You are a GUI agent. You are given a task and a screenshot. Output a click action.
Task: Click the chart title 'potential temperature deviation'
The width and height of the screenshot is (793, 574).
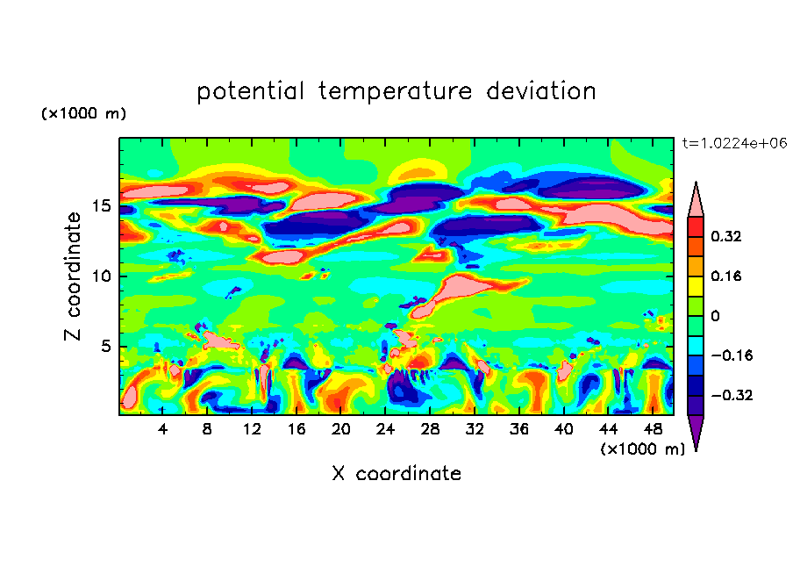coord(396,91)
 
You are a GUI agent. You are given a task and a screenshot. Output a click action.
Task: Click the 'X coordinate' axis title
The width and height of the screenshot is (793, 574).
coord(396,474)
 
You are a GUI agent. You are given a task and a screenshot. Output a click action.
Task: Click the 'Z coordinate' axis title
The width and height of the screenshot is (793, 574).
coord(74,276)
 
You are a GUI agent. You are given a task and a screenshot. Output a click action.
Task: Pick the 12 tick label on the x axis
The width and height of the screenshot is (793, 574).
coord(252,429)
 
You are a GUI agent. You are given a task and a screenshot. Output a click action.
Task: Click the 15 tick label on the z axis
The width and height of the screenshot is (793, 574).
coord(101,206)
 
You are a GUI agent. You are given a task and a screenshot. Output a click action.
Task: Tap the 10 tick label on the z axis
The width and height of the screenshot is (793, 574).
coord(101,276)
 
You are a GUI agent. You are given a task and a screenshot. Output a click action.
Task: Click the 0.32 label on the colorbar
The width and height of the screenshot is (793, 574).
coord(727,236)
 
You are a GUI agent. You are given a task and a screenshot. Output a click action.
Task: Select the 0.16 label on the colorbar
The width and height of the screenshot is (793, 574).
coord(727,276)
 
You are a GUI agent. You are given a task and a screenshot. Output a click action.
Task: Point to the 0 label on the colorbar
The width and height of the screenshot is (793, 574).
coord(716,316)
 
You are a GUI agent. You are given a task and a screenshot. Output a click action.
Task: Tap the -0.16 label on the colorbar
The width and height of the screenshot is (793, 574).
coord(731,355)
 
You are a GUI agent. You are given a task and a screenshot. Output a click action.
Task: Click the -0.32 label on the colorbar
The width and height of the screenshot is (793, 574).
coord(731,396)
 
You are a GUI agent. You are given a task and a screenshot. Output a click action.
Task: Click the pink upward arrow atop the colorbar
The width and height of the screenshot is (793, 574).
coord(696,200)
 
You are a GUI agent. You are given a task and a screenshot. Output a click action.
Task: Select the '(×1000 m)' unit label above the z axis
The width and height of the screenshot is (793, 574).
coord(83,114)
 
